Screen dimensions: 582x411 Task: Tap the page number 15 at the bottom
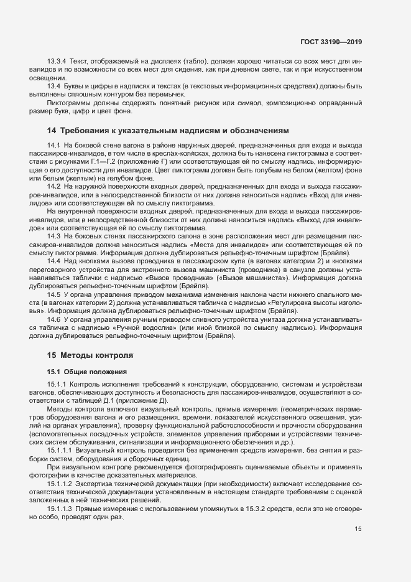(358, 530)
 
